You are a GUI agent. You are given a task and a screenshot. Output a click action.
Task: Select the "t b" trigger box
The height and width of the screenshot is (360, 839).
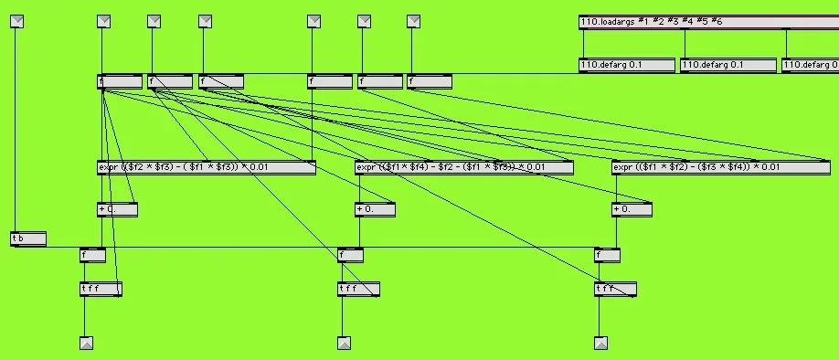(x=28, y=238)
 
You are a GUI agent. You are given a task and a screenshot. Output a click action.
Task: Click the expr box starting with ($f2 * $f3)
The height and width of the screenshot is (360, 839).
(x=207, y=167)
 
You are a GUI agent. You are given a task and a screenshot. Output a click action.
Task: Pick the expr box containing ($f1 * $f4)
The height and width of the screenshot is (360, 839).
(x=464, y=167)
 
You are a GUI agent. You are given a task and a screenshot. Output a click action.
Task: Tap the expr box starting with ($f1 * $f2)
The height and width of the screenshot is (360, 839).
(x=721, y=167)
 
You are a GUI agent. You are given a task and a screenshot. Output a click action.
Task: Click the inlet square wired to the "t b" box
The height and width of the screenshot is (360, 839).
(x=16, y=21)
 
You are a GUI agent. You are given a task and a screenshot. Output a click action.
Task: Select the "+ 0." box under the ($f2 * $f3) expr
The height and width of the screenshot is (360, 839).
(x=117, y=209)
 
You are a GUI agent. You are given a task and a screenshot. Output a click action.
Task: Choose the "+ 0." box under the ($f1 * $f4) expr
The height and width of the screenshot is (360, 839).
(x=376, y=209)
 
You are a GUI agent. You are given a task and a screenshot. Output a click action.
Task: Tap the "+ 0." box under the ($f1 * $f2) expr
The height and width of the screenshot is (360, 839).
(x=632, y=209)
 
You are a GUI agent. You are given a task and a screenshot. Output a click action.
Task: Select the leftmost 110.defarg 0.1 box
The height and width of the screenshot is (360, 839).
(x=627, y=65)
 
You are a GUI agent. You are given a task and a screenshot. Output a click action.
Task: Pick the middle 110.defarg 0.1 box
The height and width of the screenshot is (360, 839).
(x=728, y=65)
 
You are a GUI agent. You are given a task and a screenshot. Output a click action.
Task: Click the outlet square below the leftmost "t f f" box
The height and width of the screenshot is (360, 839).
(x=86, y=344)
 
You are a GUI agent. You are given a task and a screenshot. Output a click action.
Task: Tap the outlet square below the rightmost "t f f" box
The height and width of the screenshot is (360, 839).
(x=600, y=344)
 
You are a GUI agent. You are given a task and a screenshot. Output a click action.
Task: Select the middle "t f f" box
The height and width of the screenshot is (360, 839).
(x=358, y=289)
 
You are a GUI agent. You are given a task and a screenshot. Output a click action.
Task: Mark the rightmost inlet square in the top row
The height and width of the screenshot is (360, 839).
(x=413, y=21)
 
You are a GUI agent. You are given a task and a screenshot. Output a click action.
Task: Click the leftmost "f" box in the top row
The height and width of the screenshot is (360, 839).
(x=119, y=81)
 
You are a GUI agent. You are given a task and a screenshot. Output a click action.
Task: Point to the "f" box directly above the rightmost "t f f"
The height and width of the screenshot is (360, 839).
(x=607, y=255)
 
